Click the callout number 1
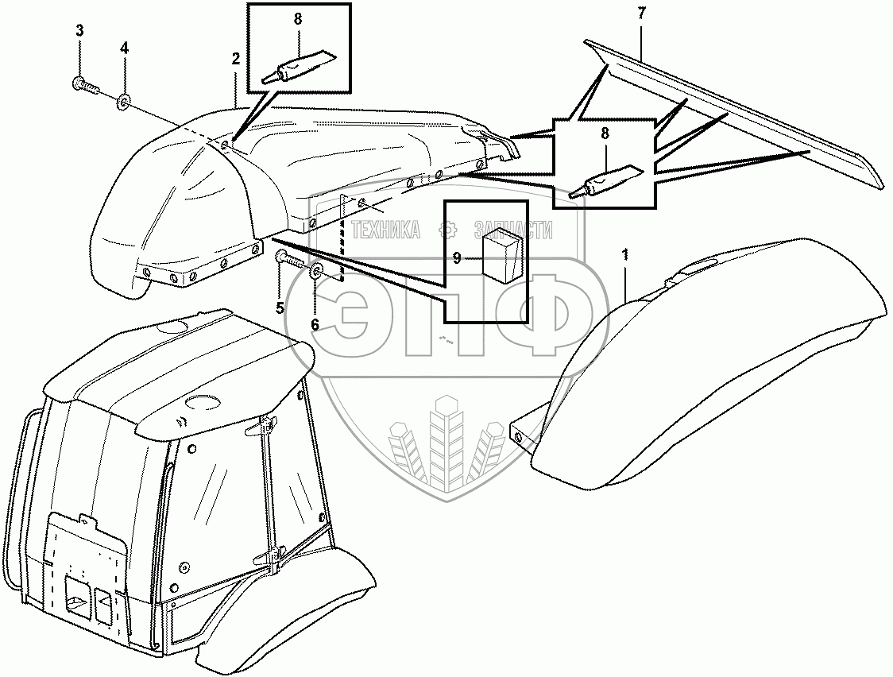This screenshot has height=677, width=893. point(626,255)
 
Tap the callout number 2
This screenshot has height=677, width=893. point(235,59)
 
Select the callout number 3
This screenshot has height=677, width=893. point(79,31)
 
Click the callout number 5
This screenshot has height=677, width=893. point(280,308)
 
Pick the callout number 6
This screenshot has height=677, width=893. point(315,324)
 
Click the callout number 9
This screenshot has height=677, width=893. point(458,257)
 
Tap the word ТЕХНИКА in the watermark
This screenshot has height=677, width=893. point(386,230)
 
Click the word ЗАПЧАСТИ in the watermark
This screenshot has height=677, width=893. point(512,230)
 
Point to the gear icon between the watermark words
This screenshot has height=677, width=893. point(449,230)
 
